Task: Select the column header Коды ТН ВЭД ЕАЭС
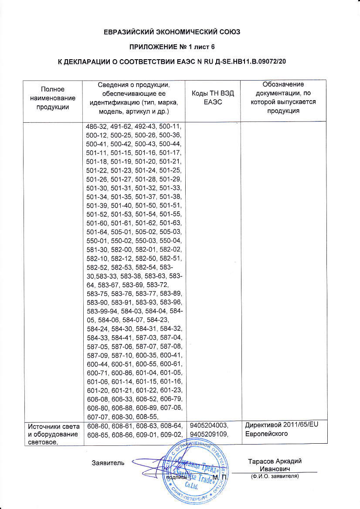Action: (213, 98)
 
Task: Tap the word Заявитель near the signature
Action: (108, 462)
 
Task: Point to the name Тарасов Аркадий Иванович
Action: (275, 465)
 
